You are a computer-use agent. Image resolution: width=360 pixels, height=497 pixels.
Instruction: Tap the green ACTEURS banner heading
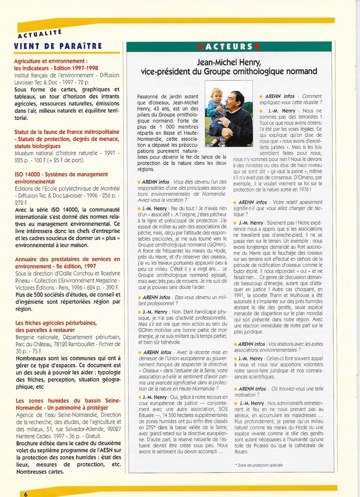pos(228,47)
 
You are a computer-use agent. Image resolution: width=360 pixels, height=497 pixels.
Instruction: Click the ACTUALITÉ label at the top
pos(40,34)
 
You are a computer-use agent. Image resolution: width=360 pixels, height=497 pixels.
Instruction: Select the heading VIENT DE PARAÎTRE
pos(58,46)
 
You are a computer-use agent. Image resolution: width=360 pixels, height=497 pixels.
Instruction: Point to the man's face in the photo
pos(238,101)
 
